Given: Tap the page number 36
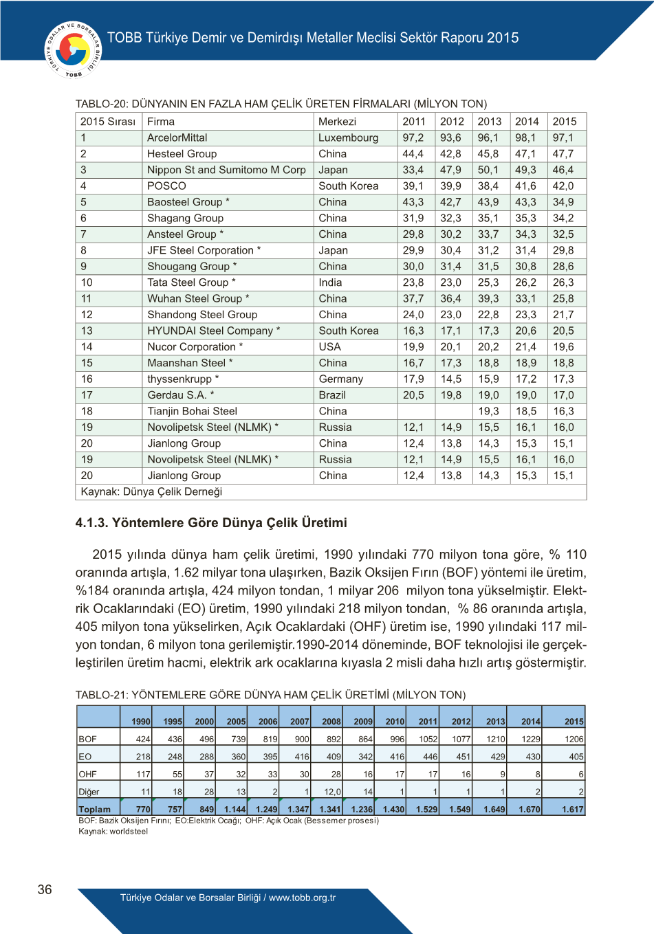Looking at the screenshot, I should [45, 889].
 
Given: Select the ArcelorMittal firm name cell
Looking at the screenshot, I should [177, 137].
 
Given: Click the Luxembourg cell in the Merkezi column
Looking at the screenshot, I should [348, 137].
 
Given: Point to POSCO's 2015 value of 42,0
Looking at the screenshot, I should [563, 186].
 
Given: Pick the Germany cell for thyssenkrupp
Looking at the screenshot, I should [340, 379].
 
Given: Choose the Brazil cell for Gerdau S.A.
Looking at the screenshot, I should [332, 395].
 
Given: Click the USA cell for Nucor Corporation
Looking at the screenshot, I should [329, 347].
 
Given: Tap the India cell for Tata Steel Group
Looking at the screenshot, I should [330, 282].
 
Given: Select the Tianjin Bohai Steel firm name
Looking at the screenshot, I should [192, 411].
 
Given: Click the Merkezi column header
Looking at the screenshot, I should [337, 122].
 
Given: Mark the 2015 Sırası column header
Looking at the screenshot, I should [108, 122].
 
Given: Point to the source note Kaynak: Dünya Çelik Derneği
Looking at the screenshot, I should [151, 491].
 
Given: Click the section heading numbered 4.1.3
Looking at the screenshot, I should [211, 522].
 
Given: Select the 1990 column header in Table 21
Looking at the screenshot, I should [140, 721].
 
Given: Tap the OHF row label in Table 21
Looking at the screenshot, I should [86, 774].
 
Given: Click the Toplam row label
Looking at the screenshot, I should [95, 809].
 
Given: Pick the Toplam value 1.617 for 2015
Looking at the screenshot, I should [572, 809].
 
